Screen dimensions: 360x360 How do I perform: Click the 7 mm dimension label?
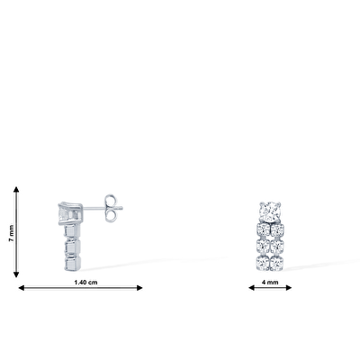[x=11, y=233]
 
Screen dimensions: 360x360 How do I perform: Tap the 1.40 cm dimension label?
[x=85, y=283]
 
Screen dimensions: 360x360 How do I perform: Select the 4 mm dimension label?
[x=270, y=283]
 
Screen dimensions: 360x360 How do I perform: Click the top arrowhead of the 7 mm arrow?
[x=16, y=189]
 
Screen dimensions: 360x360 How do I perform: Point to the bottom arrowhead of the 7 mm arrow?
[x=16, y=274]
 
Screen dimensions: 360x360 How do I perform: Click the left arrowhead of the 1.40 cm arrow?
[x=22, y=288]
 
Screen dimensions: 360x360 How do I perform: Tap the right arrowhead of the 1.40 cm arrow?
[x=139, y=288]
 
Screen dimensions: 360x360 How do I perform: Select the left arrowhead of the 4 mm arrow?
[x=251, y=288]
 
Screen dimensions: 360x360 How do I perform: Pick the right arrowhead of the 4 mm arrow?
[x=289, y=288]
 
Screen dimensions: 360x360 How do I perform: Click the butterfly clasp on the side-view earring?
[x=111, y=208]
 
